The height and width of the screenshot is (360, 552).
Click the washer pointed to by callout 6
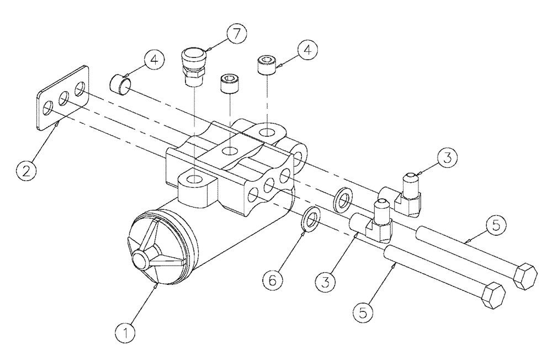[x=311, y=218]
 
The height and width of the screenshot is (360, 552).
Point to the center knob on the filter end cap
[x=141, y=257]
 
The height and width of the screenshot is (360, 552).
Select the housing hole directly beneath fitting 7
[x=195, y=179]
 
